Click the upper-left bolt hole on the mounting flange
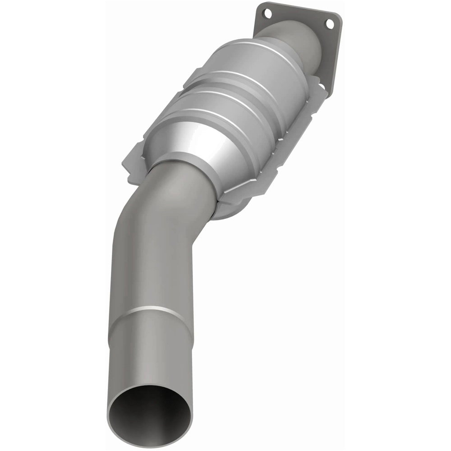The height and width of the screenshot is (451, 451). [x=268, y=14]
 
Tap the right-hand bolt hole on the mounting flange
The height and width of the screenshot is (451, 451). [x=330, y=24]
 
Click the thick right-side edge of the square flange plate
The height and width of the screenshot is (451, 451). [x=336, y=59]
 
